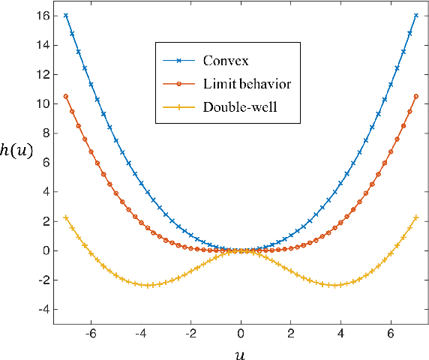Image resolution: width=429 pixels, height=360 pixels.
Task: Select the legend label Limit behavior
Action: [246, 83]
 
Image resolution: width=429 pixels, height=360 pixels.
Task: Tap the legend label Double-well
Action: [240, 106]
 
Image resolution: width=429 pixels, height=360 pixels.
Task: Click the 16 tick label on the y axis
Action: [41, 15]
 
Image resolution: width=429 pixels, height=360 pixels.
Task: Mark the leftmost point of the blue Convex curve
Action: [66, 15]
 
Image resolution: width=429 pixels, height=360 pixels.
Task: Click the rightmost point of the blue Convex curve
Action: [415, 15]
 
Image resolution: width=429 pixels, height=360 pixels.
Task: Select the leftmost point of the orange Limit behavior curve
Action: [66, 96]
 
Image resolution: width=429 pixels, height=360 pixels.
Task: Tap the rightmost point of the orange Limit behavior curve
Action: [415, 96]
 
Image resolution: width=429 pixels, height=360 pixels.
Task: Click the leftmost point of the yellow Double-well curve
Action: [66, 217]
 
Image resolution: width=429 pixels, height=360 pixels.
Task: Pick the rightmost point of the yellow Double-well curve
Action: [415, 217]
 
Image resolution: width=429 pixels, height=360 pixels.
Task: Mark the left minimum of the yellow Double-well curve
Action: [147, 285]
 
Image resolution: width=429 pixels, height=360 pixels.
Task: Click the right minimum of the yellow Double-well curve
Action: [334, 285]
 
